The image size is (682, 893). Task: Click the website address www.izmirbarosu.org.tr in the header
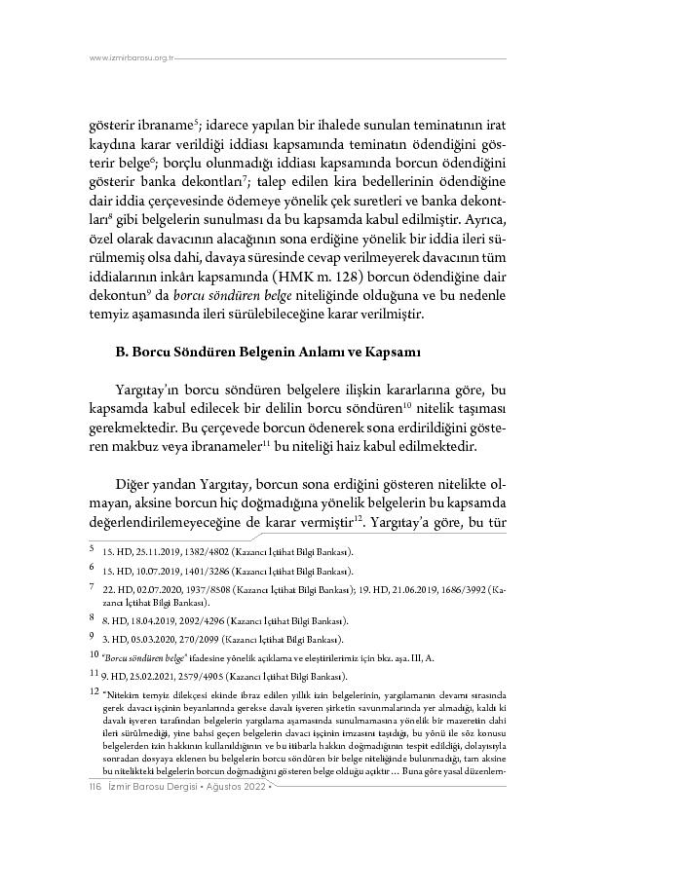[131, 58]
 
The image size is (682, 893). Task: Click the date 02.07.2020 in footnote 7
[146, 589]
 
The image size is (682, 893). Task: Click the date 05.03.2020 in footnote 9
[142, 639]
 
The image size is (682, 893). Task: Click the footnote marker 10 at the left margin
[93, 656]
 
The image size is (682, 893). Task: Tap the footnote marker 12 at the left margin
[93, 692]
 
